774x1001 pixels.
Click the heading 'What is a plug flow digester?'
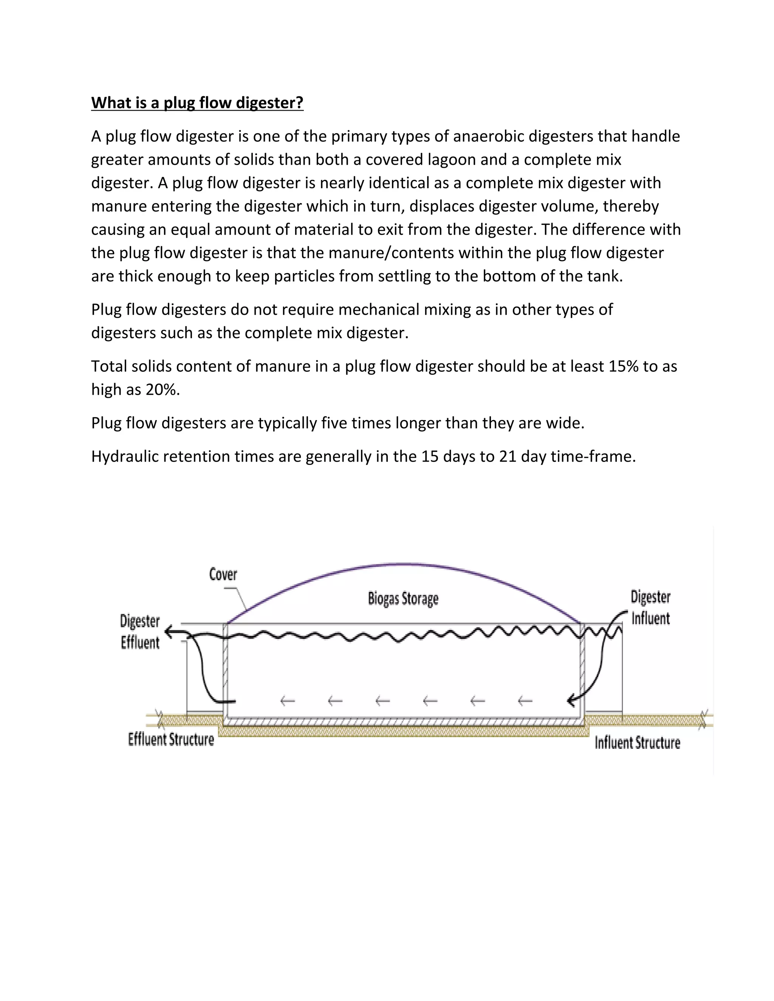coord(197,103)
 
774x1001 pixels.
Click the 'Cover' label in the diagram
coord(223,574)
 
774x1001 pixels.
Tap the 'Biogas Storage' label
coord(403,599)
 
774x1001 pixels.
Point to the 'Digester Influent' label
coord(650,608)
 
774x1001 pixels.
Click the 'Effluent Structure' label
coord(171,739)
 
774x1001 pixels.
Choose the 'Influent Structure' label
coord(637,743)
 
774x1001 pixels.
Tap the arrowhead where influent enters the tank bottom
coord(571,700)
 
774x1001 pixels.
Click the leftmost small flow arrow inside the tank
coord(287,700)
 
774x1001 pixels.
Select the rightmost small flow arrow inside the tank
coord(525,700)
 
